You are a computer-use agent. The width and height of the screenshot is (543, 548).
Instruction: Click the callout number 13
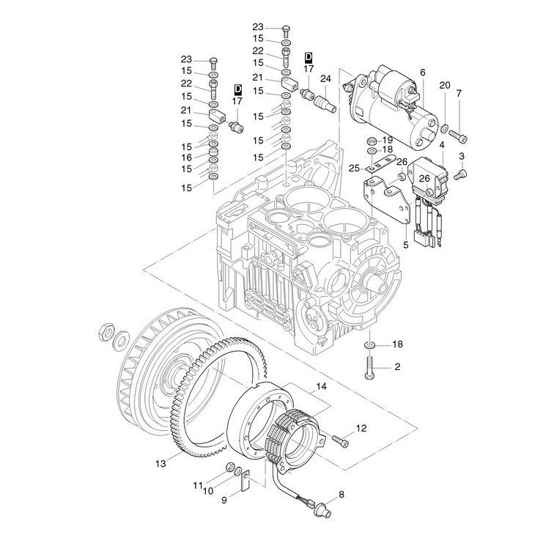(161, 462)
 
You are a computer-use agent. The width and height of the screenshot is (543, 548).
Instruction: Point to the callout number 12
(361, 428)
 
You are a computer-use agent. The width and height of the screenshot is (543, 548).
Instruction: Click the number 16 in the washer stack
(186, 157)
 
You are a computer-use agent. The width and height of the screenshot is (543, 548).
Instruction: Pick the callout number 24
(325, 78)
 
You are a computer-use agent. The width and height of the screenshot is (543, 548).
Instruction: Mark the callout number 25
(355, 169)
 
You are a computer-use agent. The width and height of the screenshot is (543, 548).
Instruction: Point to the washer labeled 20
(444, 130)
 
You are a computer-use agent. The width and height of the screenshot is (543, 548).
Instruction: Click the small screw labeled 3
(462, 174)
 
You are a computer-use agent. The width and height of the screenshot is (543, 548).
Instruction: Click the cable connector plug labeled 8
(322, 500)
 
